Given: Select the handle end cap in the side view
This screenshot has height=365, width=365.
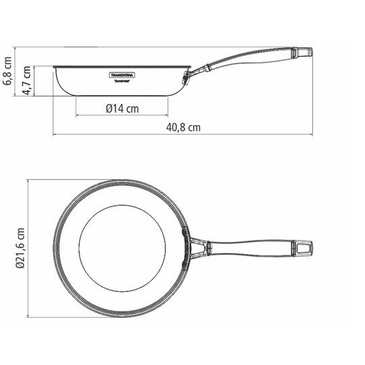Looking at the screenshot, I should click(303, 52).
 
